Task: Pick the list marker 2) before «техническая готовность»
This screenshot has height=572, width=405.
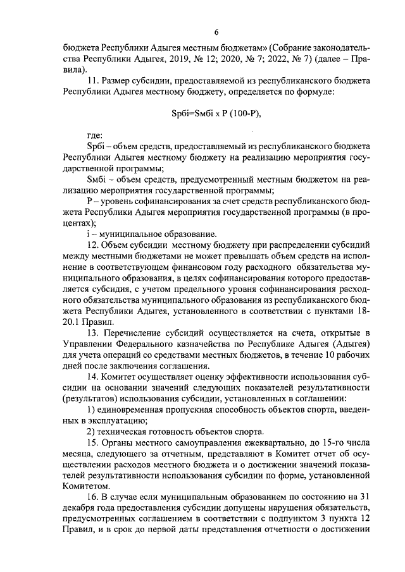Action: pos(90,431)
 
